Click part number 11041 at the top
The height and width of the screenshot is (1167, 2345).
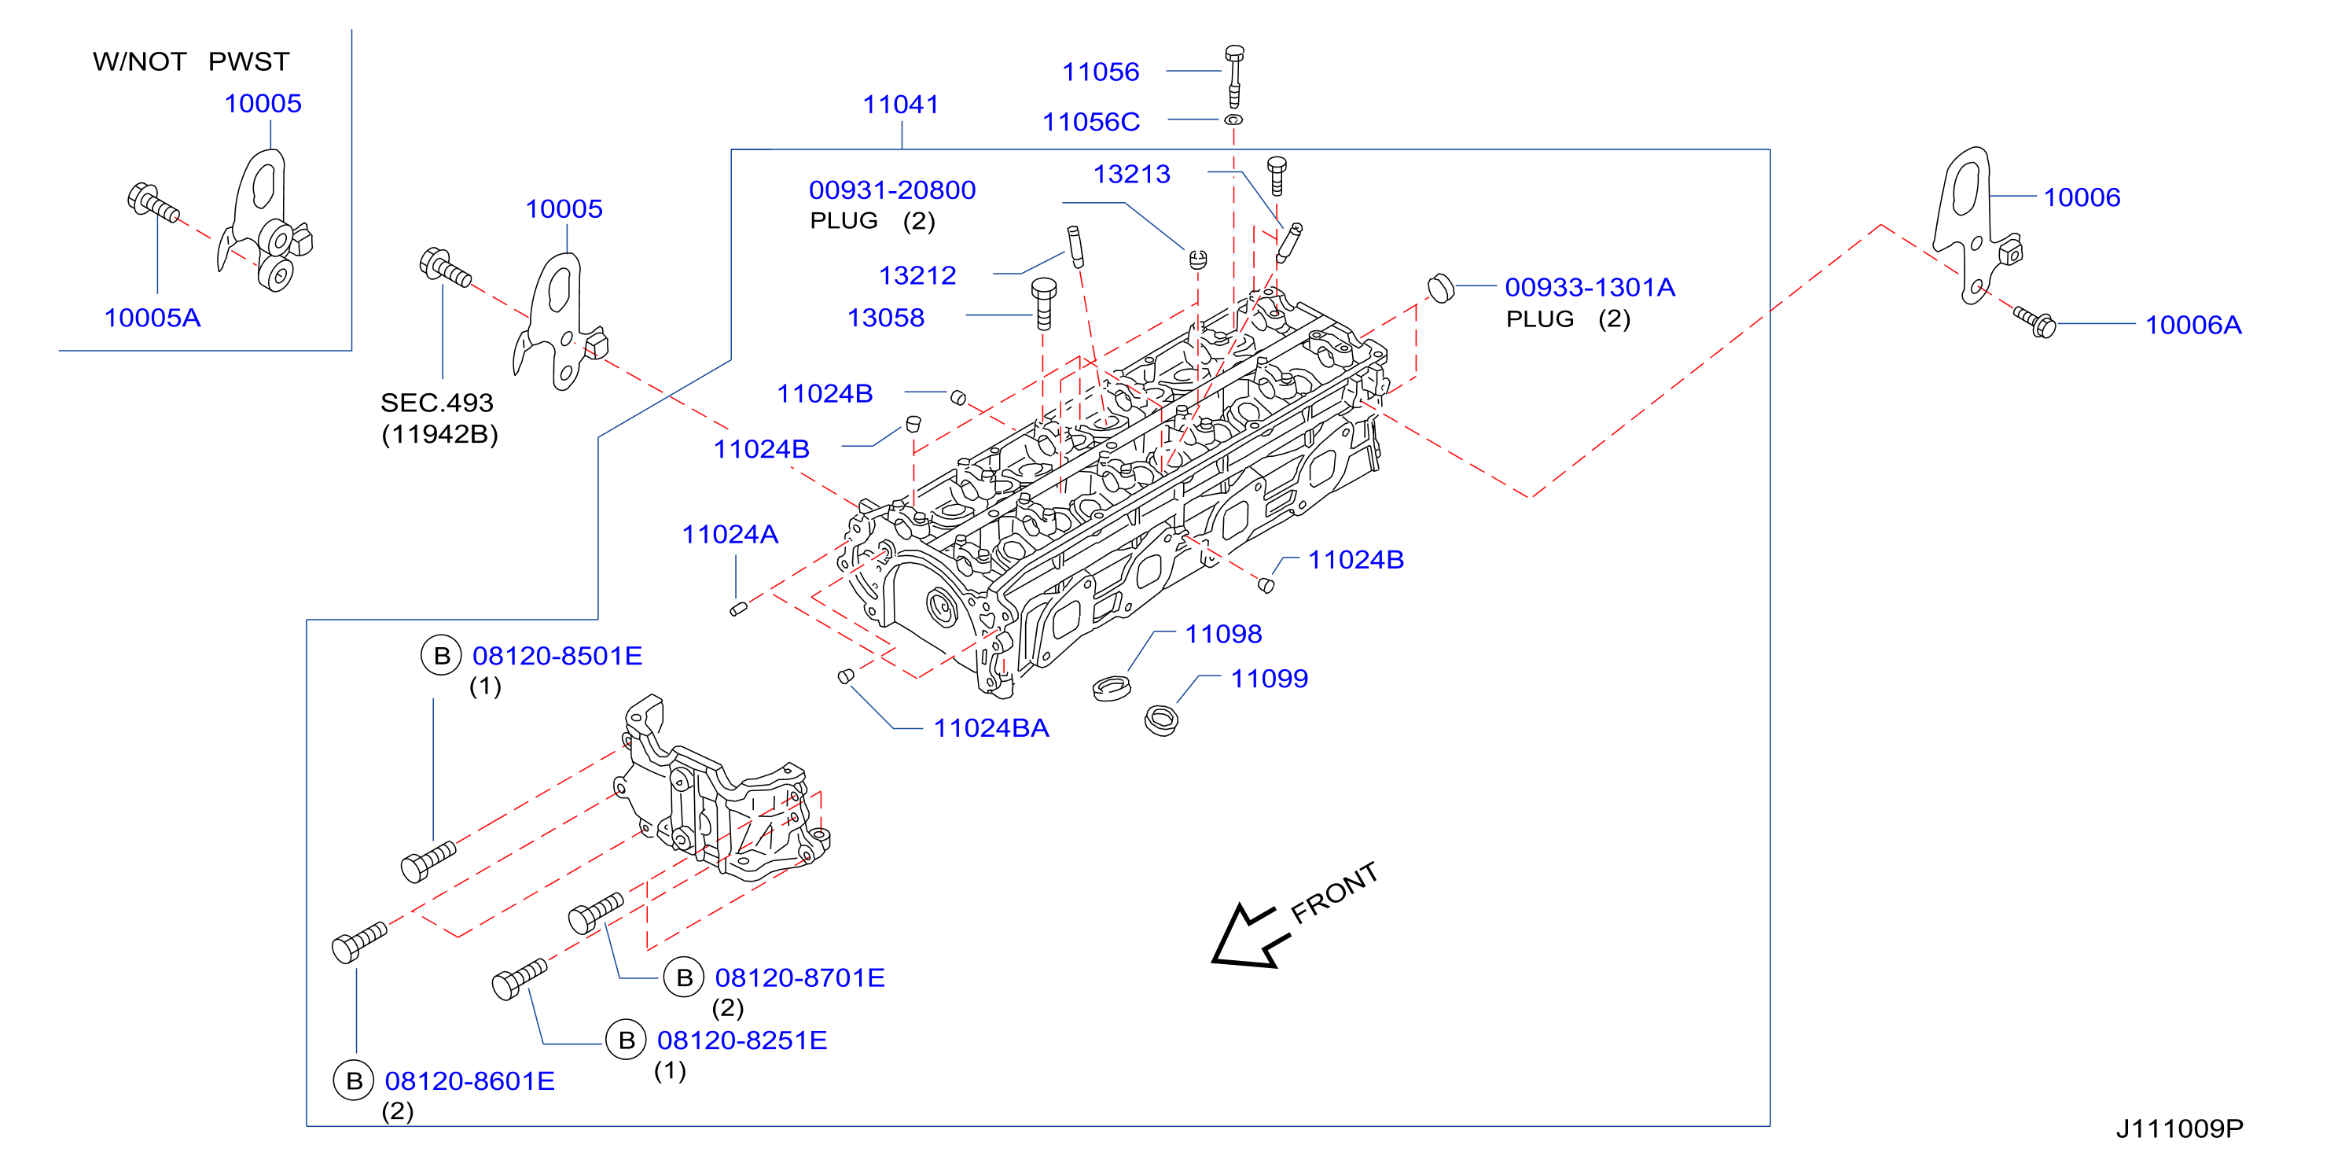[x=900, y=105]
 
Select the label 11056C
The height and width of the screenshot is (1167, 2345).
[x=1090, y=122]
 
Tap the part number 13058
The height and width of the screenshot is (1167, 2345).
[x=886, y=318]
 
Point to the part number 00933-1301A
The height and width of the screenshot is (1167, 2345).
[x=1590, y=288]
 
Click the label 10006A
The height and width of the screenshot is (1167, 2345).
[x=2193, y=325]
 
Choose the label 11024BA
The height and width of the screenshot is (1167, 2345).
[x=991, y=728]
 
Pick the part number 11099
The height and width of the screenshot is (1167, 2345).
[x=1269, y=679]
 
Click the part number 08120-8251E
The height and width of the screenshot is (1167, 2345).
[x=742, y=1040]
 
